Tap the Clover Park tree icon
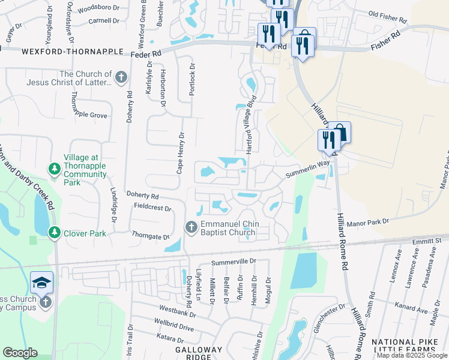pos(55,232)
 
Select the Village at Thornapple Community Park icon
pos(55,167)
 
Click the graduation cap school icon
pos(41,283)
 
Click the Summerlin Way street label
pos(308,168)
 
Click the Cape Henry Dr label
pos(179,154)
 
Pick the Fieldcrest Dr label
pos(152,209)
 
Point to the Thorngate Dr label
pos(151,236)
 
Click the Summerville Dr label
pos(234,262)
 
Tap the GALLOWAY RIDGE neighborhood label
pos(199,353)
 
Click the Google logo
pos(20,353)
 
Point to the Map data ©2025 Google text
pos(412,355)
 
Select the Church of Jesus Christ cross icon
pos(121,77)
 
